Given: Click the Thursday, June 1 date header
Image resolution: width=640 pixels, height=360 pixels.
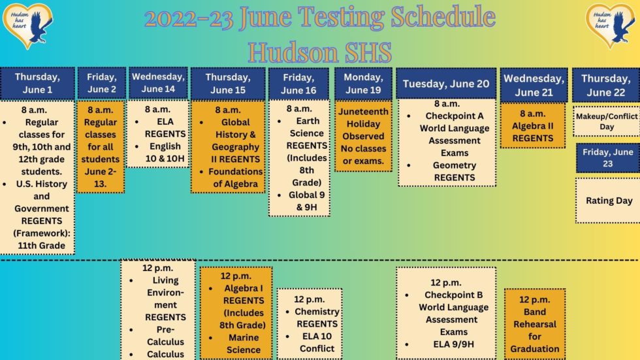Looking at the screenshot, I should click(37, 83).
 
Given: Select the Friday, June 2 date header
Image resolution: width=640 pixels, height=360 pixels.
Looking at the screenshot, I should click(101, 83).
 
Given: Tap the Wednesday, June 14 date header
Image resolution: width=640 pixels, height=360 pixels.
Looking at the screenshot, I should click(158, 83).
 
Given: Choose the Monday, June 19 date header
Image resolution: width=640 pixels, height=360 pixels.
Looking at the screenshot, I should click(363, 83).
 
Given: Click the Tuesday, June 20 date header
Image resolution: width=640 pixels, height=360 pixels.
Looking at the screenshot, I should click(446, 84).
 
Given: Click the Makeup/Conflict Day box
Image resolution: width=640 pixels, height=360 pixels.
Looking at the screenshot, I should click(606, 122).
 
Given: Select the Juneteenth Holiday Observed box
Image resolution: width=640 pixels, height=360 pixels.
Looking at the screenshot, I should click(363, 135).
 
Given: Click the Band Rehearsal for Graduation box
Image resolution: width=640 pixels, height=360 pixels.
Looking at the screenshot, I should click(534, 324).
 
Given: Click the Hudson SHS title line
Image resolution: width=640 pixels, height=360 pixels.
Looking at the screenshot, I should click(320, 50).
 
